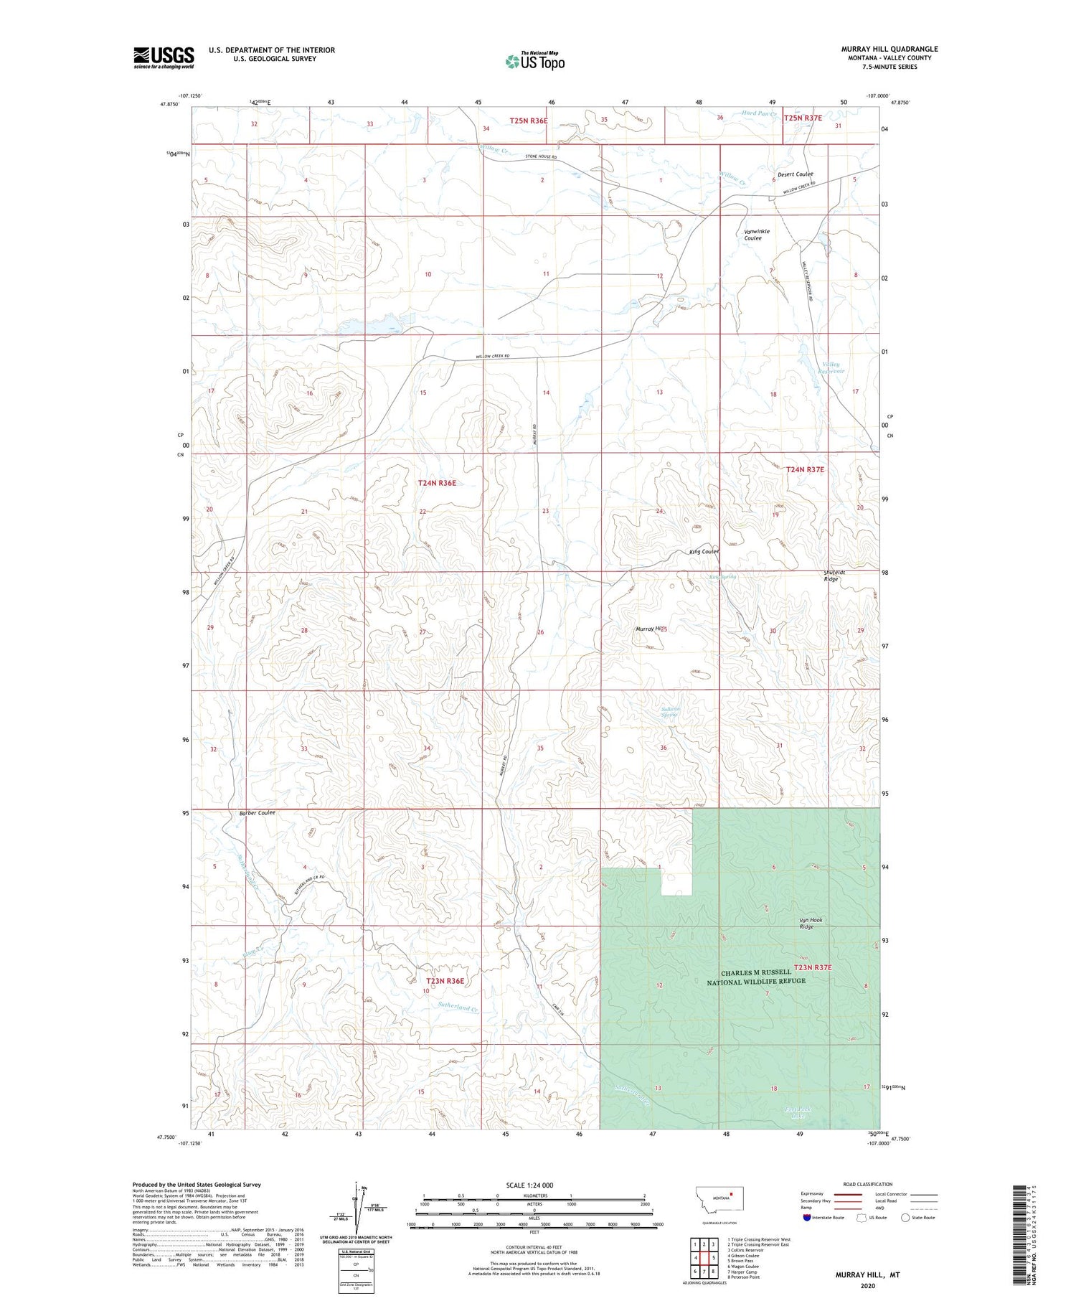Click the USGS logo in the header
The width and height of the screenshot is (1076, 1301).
(164, 57)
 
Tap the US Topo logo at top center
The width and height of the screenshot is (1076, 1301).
(534, 62)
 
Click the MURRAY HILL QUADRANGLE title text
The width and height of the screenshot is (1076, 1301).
(889, 49)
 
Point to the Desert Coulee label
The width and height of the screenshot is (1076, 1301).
(796, 174)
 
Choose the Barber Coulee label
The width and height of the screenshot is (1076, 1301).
(257, 813)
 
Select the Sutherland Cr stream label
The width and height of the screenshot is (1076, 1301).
(458, 1008)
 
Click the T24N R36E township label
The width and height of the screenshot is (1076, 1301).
(437, 483)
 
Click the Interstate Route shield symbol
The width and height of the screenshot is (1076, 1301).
(807, 1217)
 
